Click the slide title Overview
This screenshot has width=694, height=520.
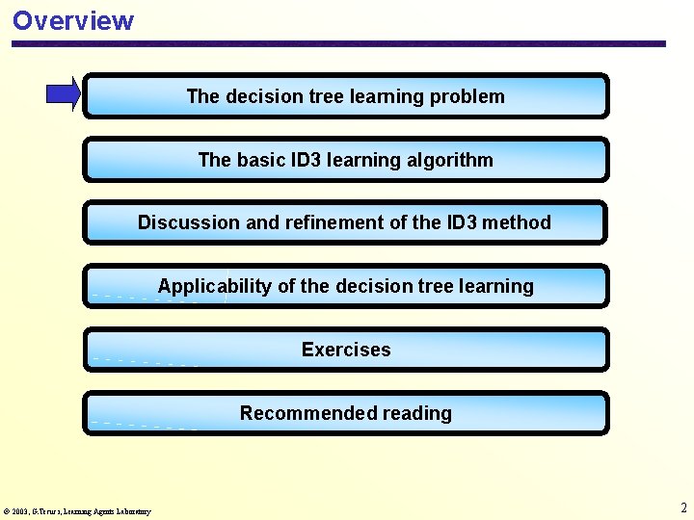(x=73, y=20)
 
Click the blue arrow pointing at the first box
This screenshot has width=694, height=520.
(x=64, y=94)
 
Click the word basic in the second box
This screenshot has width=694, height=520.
(x=258, y=160)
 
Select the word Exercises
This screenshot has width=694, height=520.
(x=346, y=350)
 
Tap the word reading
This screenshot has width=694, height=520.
(x=416, y=413)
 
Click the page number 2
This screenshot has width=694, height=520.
(x=683, y=507)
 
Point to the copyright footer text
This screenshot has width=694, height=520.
(x=77, y=511)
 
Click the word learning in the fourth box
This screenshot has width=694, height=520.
(x=497, y=286)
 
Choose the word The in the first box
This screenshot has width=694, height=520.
(x=203, y=96)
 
